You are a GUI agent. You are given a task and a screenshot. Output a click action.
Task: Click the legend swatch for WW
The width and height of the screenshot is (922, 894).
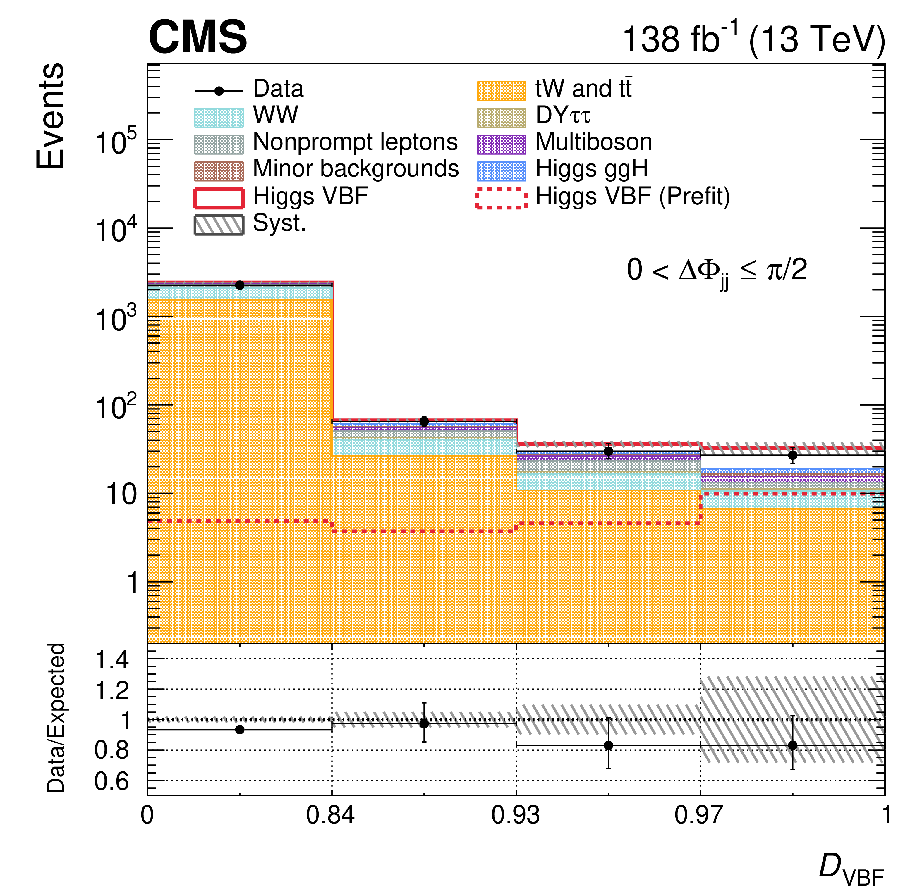219,118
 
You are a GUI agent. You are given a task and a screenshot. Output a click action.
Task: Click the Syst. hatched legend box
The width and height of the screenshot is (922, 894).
219,225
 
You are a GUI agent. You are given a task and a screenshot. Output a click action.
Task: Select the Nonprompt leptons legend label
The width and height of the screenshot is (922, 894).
355,142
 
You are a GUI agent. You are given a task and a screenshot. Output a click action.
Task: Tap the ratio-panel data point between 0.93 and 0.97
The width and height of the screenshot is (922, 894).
608,745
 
